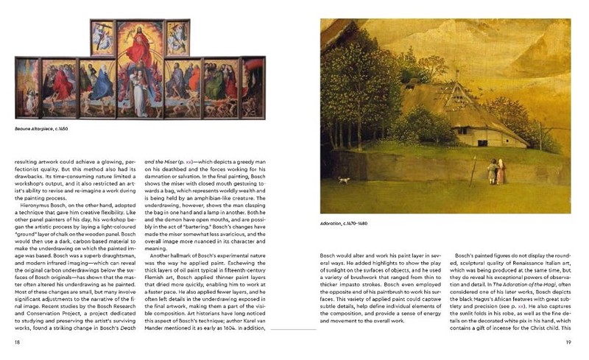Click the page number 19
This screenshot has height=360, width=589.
coord(568,343)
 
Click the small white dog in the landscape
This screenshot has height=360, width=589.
coord(342,180)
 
